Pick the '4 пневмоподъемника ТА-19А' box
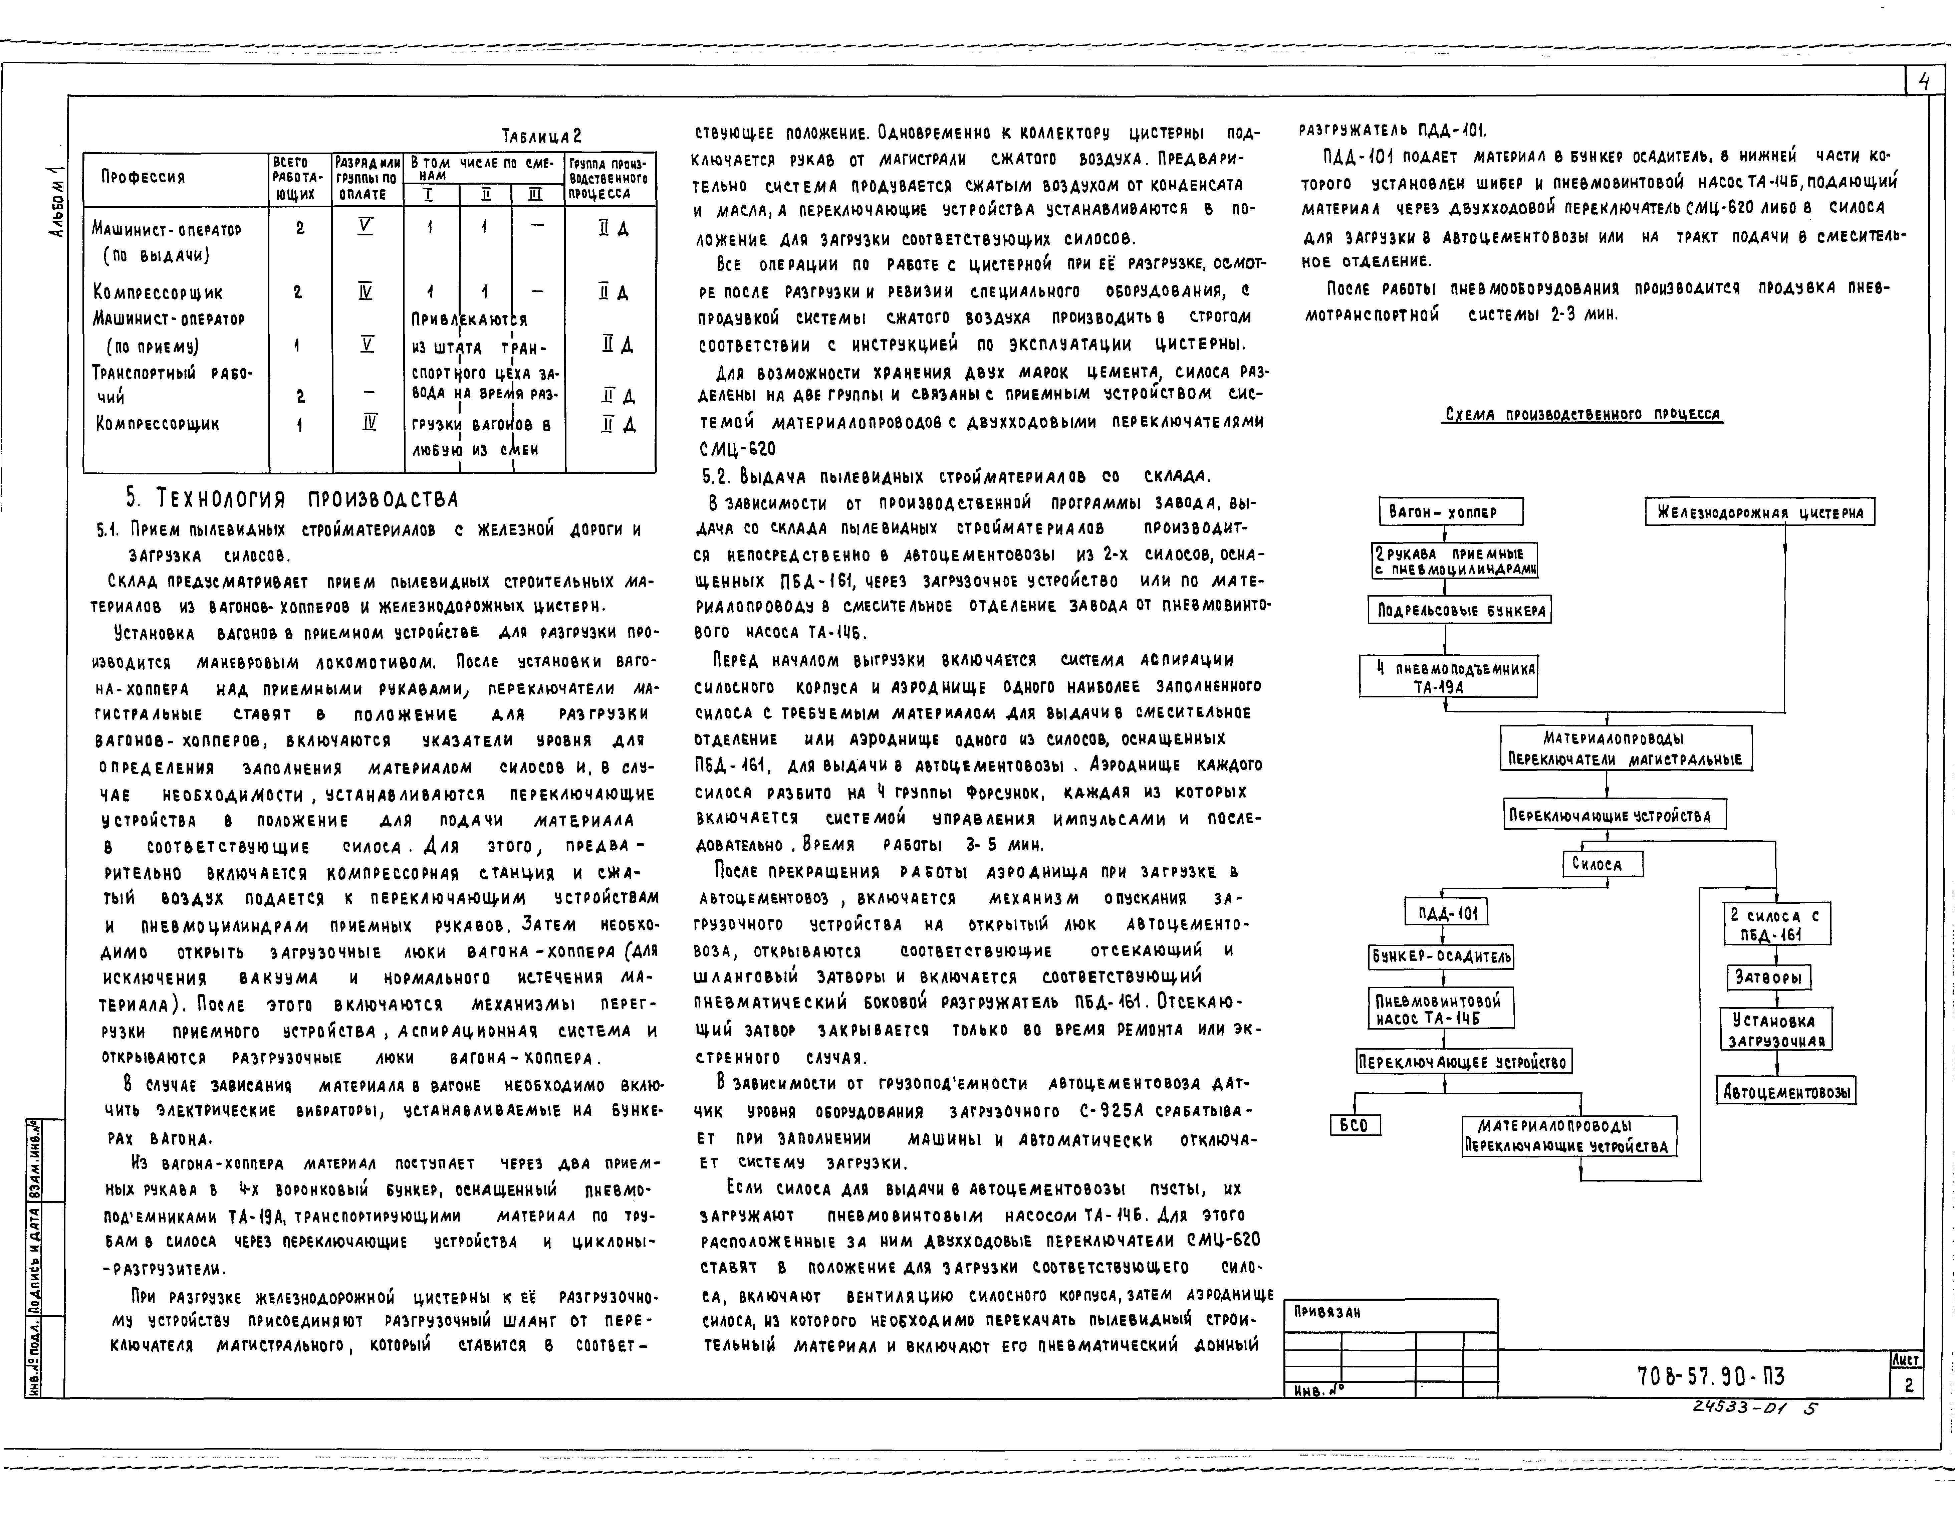[1447, 677]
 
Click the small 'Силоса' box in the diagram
[1603, 864]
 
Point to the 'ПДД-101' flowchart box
[1447, 913]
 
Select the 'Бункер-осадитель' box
[1441, 957]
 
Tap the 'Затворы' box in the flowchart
[1768, 977]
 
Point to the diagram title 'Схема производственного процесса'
[1582, 414]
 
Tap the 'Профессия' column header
[143, 177]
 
